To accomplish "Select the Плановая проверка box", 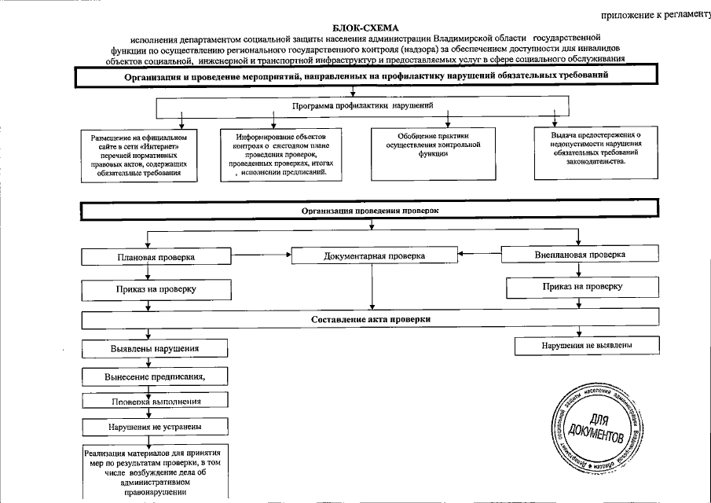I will pos(156,257).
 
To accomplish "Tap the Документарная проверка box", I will pos(374,256).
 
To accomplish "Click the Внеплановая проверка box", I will pos(579,255).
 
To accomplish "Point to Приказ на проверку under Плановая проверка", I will pos(156,290).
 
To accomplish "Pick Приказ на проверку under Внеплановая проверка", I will pos(579,287).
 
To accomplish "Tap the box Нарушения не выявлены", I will pos(587,345).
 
